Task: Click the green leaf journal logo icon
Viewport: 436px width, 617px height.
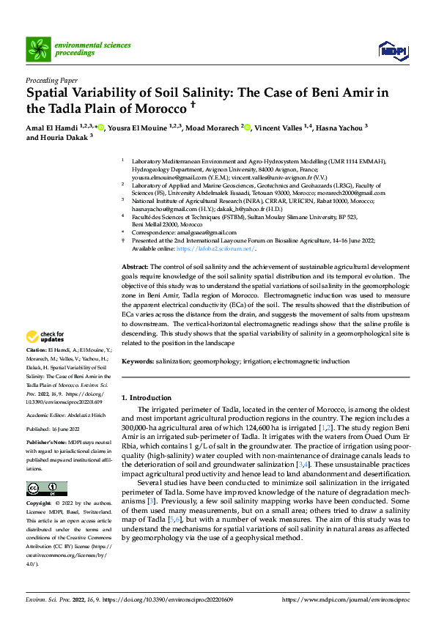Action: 38,49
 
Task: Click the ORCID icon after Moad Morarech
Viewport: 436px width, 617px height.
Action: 248,128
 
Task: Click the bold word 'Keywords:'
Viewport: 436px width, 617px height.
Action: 137,361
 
